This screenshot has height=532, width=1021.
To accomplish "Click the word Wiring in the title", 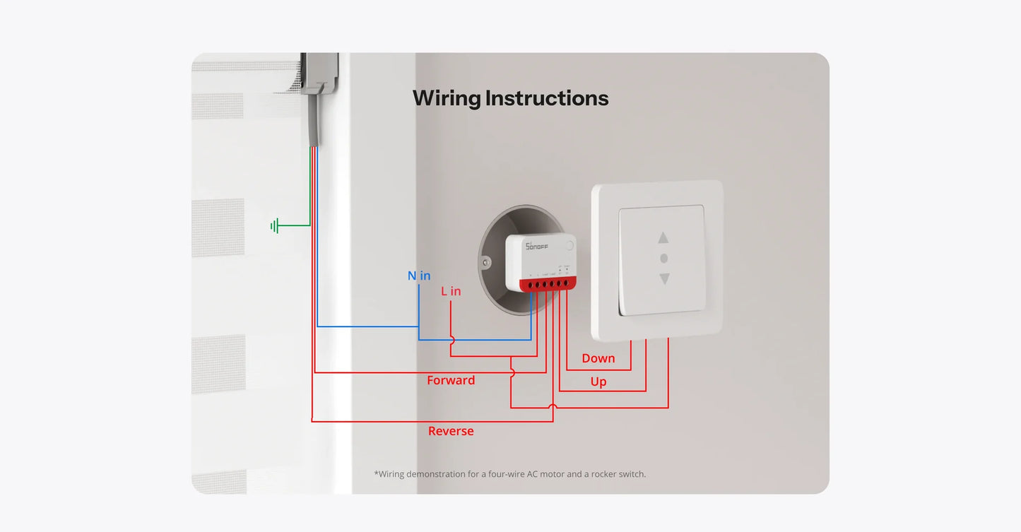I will click(x=447, y=99).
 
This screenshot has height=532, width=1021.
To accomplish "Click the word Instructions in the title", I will click(x=547, y=98).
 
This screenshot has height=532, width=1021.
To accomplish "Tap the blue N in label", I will click(x=419, y=276).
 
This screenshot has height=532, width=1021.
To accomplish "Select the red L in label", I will click(x=451, y=291).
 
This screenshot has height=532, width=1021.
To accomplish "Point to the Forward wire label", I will click(x=451, y=380).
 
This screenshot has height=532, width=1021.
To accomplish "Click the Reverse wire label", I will click(x=451, y=431).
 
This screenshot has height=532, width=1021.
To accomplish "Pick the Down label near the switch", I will click(x=598, y=358).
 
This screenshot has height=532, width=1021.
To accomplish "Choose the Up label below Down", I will click(x=598, y=382).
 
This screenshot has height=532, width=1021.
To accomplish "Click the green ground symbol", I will click(x=276, y=226).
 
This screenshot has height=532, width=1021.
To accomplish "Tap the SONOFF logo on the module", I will click(x=537, y=245).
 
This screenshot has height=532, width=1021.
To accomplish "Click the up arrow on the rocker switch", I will click(x=663, y=238).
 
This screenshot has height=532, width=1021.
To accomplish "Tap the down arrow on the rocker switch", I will click(x=663, y=279).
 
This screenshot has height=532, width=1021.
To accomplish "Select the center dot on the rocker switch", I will click(x=663, y=259).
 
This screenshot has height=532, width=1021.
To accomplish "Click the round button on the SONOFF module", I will click(x=569, y=246).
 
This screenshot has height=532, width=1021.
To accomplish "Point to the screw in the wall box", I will click(x=486, y=263).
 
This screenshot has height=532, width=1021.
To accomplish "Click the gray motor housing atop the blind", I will click(x=319, y=73).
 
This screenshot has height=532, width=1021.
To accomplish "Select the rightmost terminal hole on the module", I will click(x=566, y=284).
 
